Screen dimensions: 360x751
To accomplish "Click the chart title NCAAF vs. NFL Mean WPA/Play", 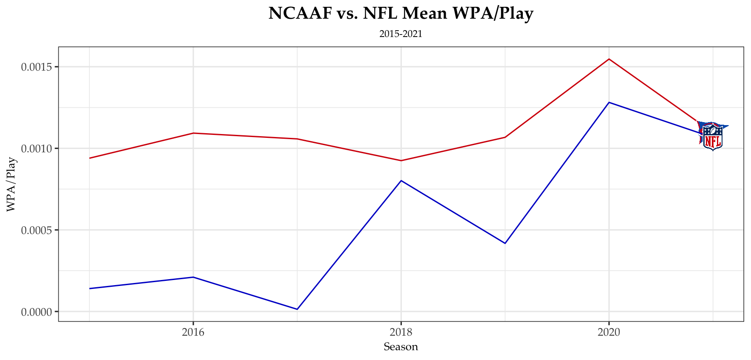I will [401, 14].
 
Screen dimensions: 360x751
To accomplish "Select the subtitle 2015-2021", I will [401, 34].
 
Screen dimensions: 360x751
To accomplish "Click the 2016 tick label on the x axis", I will [193, 332].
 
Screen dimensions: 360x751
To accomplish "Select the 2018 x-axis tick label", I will [401, 332].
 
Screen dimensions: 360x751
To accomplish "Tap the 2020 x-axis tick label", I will [609, 332].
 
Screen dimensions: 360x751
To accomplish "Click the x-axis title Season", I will [401, 347].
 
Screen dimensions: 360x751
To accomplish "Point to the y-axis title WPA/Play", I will [11, 184].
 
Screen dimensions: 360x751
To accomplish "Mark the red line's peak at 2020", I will [609, 59].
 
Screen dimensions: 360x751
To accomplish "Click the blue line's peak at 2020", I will [609, 103].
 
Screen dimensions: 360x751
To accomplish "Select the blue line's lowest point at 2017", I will [297, 309].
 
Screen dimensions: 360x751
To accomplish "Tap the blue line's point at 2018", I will [401, 181].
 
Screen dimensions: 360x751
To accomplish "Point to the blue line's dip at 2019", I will [505, 243].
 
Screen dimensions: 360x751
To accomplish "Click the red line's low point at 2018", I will [401, 160].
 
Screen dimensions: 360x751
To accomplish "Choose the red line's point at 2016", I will [193, 133].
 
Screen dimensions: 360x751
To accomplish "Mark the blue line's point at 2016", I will [193, 277].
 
